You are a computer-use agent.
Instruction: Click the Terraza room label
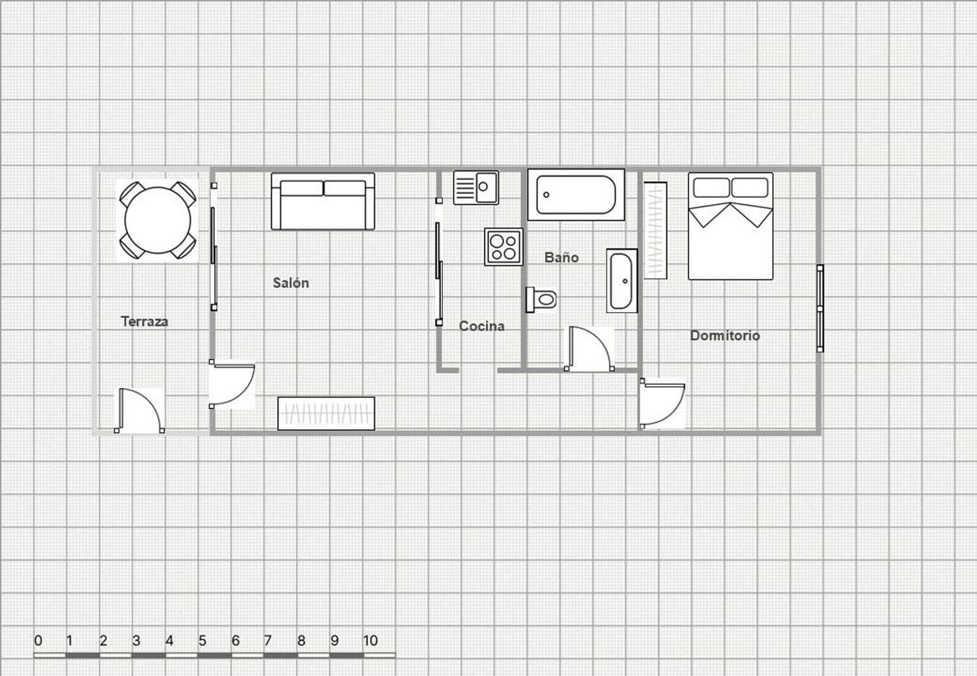tap(145, 321)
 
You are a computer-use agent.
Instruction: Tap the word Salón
tap(290, 283)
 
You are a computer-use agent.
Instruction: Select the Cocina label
tap(481, 326)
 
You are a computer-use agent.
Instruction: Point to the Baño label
tap(561, 257)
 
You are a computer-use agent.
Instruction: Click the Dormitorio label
tap(725, 335)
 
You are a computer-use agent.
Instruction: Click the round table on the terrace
tap(158, 220)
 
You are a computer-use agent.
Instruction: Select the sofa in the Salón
tap(323, 201)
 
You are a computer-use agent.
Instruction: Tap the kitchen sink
tap(476, 188)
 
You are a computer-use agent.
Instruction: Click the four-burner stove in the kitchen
tap(503, 247)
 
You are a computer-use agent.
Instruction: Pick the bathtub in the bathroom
tap(576, 195)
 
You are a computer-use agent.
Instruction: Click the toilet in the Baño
tap(542, 300)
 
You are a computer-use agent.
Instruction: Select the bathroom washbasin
tap(621, 281)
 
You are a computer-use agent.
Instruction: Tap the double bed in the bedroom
tap(731, 226)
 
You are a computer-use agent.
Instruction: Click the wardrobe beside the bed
tap(655, 231)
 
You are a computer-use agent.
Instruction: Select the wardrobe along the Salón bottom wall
tap(326, 414)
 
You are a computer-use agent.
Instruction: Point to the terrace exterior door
tap(139, 411)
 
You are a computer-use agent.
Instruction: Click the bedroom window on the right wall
tap(820, 309)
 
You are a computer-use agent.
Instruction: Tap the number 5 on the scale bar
tap(202, 641)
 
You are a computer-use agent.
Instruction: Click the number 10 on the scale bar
tap(370, 641)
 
